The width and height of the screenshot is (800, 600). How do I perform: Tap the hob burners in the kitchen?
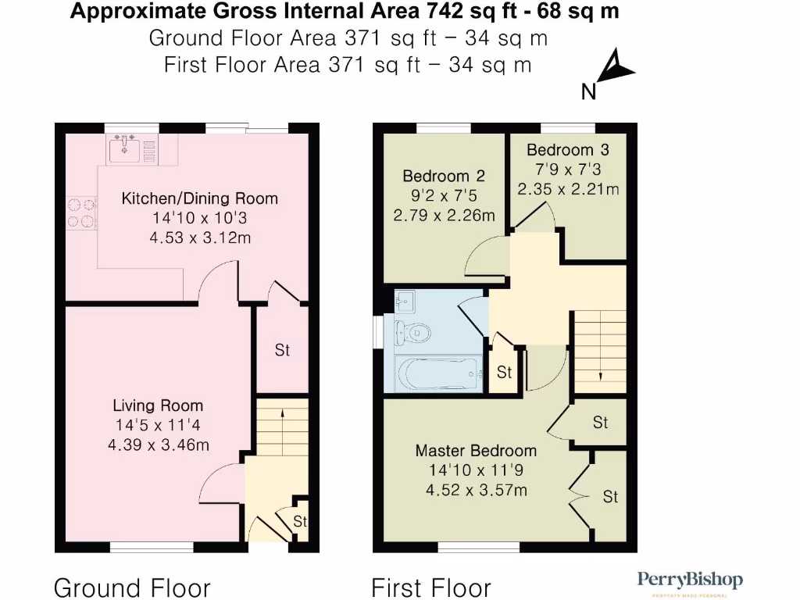(x=81, y=212)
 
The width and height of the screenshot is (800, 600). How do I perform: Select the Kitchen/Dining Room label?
(x=199, y=198)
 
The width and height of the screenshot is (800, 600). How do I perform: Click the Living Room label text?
(x=158, y=405)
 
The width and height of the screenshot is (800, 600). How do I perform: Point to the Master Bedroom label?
(x=476, y=451)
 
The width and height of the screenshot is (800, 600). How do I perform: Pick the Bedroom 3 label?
(x=567, y=150)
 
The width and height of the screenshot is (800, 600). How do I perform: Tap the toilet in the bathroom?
(x=412, y=332)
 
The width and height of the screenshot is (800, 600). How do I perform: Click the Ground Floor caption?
(x=132, y=587)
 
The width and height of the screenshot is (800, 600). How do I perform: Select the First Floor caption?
(x=431, y=587)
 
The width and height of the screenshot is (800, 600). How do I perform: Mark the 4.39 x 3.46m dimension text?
(x=159, y=445)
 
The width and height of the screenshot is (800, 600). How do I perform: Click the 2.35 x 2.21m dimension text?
(x=568, y=188)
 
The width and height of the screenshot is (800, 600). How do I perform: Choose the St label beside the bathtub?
(x=505, y=373)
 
